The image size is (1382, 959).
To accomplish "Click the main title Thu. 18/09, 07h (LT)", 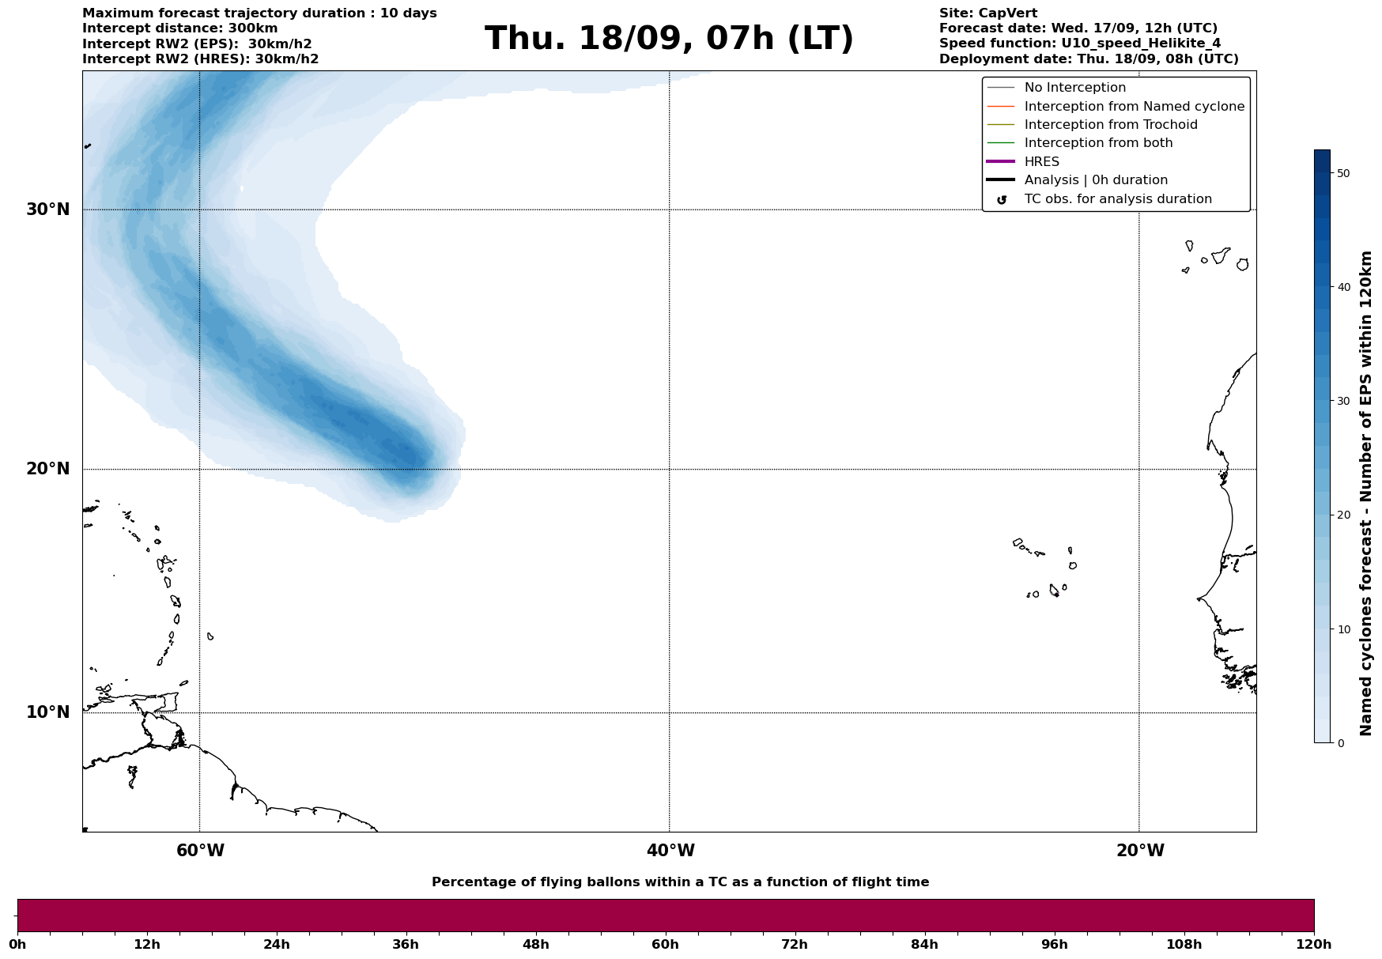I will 669,39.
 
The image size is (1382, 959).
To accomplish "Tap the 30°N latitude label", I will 48,210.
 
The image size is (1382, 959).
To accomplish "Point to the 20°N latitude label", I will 48,469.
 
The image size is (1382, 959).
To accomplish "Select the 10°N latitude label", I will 48,712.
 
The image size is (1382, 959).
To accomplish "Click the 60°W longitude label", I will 200,851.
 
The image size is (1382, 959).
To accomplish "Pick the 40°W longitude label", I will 670,851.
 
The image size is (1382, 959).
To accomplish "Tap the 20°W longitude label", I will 1140,851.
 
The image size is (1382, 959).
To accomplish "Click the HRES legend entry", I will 1041,162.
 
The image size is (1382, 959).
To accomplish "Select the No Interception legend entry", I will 1074,88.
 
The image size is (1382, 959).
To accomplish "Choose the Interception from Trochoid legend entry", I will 1110,125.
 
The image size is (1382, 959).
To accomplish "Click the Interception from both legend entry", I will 1098,143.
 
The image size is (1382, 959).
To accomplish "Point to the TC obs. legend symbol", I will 1002,200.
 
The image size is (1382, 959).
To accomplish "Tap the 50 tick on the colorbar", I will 1342,173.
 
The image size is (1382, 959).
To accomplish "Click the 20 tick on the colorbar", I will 1342,515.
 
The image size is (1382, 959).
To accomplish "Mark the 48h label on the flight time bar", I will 536,945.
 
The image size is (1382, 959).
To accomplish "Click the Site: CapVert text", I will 988,13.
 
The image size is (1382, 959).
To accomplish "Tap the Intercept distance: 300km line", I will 180,28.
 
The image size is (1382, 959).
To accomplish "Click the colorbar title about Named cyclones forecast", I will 1366,493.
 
